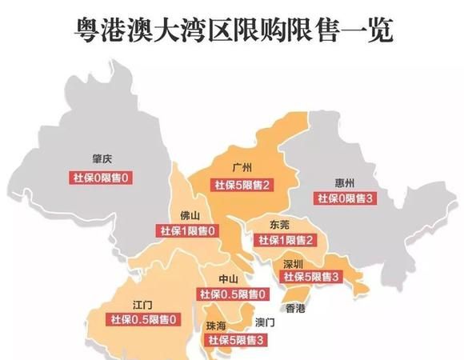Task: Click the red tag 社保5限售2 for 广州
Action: pyautogui.click(x=241, y=186)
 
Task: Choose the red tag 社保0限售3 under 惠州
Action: pyautogui.click(x=346, y=198)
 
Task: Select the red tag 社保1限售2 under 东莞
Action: pyautogui.click(x=284, y=240)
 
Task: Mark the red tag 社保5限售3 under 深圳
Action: pyautogui.click(x=311, y=277)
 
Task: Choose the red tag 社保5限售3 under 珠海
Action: pyautogui.click(x=237, y=341)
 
